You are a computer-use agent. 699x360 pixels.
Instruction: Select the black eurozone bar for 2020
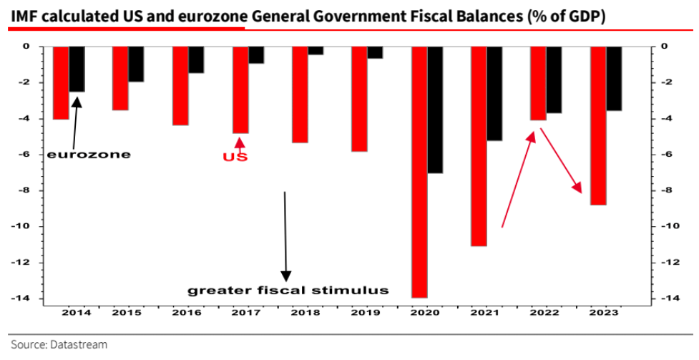435,110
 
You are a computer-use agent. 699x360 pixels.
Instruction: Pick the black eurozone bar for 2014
77,69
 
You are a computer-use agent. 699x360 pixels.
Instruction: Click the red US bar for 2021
479,146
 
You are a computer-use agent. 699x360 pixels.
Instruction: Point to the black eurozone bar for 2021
494,93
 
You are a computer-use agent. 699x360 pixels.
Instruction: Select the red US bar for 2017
240,89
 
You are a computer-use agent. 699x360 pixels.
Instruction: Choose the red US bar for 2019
358,99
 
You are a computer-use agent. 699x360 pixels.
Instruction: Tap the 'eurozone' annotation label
89,154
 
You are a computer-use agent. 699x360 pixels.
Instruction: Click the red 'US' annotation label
237,156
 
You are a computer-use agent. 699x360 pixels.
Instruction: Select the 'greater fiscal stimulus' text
288,291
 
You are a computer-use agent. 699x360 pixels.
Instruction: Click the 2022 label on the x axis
544,313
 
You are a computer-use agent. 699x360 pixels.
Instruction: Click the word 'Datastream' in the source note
79,345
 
